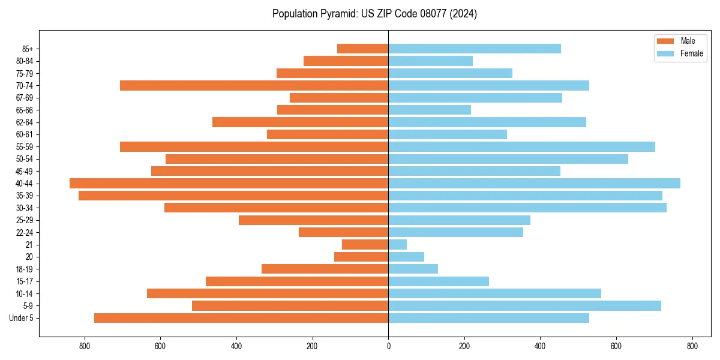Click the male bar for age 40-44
(229, 183)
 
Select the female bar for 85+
(475, 49)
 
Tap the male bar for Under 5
(241, 318)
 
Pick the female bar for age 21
(397, 244)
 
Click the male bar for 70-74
(254, 85)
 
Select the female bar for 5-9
(524, 305)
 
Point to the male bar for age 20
(361, 257)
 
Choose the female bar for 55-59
(521, 146)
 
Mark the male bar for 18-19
(325, 269)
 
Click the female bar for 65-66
(430, 110)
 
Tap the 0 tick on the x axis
(388, 346)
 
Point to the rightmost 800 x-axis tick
(692, 346)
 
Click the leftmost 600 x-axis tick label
(160, 346)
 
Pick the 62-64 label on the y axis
(25, 122)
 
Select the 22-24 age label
(25, 232)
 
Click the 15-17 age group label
(25, 281)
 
